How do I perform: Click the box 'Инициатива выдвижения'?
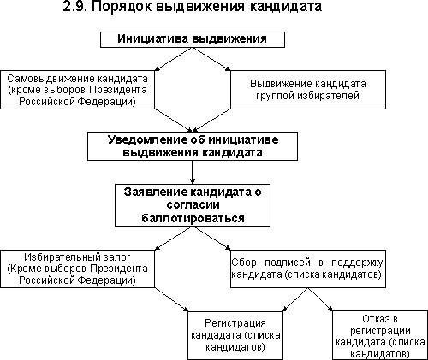[193, 39]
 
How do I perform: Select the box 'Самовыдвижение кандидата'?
[78, 90]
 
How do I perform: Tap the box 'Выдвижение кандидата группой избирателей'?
[308, 90]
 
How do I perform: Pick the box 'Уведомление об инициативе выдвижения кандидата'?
[193, 146]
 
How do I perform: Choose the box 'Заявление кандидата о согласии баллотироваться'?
[193, 205]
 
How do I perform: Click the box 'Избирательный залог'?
[78, 269]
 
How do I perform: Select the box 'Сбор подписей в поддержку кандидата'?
[308, 269]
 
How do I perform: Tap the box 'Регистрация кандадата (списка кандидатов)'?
[235, 335]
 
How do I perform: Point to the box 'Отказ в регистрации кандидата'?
[380, 335]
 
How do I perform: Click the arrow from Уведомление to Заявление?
[193, 172]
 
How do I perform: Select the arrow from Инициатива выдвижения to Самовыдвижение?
[174, 59]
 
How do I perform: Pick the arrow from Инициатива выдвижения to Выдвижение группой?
[211, 59]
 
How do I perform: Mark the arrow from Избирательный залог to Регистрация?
[171, 299]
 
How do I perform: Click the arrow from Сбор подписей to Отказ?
[320, 299]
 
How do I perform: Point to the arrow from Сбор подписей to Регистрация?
[295, 299]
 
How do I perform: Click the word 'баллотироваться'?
[193, 218]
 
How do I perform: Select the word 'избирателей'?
[328, 96]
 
